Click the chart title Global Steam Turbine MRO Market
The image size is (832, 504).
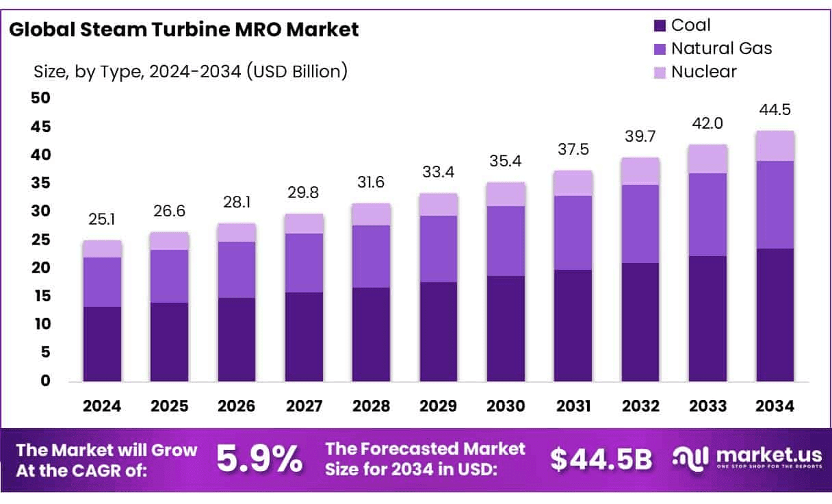(184, 29)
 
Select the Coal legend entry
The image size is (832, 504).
(690, 25)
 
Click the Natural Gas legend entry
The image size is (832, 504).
(720, 49)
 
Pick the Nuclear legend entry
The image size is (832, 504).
(703, 71)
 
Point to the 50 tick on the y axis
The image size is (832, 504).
(42, 99)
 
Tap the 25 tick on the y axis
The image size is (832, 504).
(42, 240)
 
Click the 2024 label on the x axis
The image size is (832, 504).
(102, 406)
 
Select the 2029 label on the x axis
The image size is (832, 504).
(439, 406)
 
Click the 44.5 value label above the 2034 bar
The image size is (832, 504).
(775, 110)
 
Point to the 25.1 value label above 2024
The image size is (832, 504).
(102, 220)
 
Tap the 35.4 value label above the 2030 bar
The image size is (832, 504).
(506, 162)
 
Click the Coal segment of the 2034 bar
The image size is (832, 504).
(775, 315)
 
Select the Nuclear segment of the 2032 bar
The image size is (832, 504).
(640, 171)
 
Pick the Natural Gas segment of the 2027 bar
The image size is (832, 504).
(304, 263)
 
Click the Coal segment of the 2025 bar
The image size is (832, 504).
(169, 342)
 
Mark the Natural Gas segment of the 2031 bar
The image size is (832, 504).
(573, 233)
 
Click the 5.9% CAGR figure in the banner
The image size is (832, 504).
(259, 459)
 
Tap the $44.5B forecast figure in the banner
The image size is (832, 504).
(601, 459)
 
